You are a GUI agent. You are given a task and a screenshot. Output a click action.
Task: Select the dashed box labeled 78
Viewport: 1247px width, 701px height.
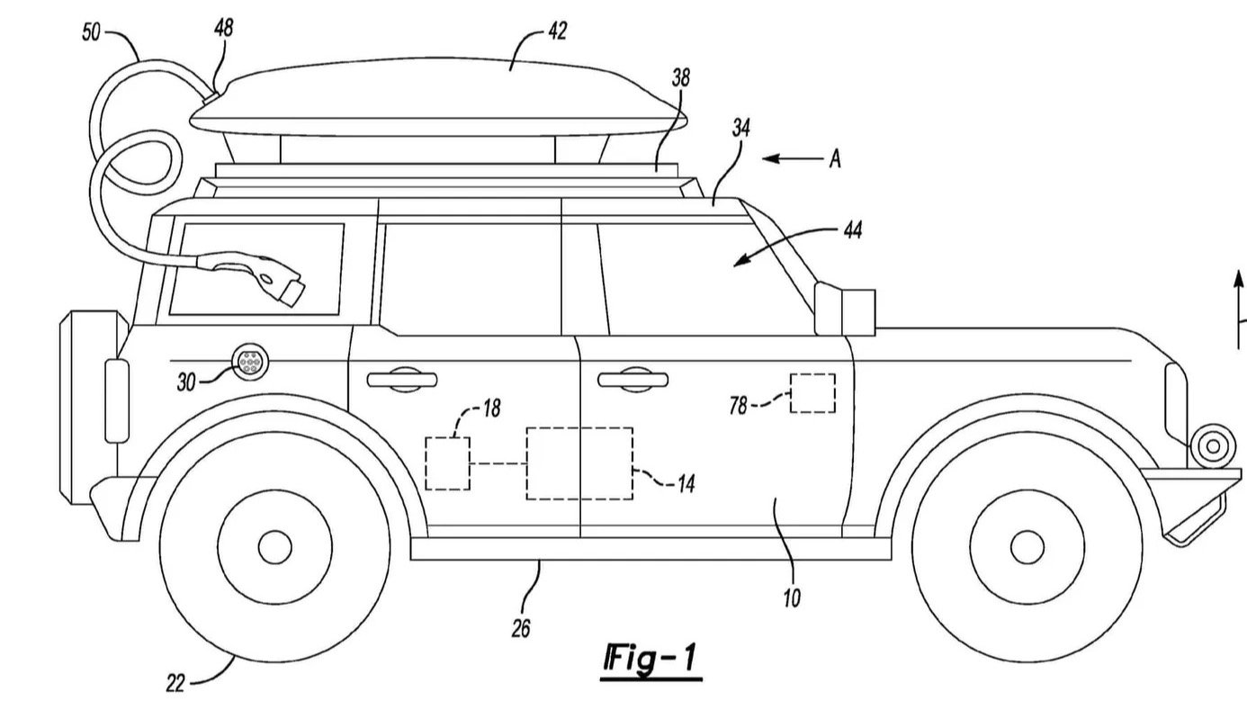pos(812,393)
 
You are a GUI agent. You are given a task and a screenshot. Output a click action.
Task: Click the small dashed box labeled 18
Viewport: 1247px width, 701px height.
pos(447,463)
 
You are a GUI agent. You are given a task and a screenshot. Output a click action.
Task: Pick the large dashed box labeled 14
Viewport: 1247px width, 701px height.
pos(579,463)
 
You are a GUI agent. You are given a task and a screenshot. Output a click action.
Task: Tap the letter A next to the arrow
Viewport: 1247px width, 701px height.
pos(836,159)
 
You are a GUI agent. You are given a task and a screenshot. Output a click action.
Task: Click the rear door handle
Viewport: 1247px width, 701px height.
pos(402,379)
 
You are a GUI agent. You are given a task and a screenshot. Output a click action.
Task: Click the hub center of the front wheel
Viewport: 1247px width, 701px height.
pos(1027,545)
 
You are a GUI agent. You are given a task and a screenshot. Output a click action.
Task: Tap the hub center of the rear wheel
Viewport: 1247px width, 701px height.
pos(274,545)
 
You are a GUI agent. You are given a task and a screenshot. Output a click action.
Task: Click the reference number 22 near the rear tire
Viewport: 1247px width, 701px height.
pos(175,683)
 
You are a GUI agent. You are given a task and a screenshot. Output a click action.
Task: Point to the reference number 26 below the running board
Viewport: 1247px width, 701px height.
pos(521,627)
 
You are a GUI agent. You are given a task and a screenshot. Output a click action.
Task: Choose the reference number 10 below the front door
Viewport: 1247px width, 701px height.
pos(792,598)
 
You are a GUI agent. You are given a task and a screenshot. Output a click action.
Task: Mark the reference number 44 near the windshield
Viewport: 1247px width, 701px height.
pos(851,230)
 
